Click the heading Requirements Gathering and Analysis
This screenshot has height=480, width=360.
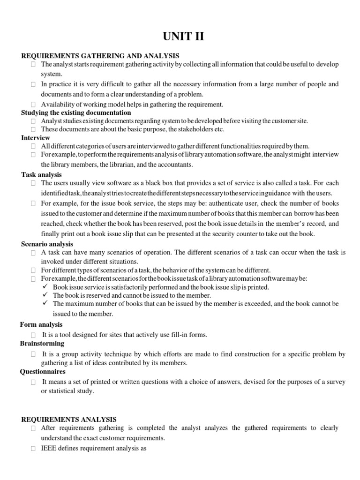tap(100, 56)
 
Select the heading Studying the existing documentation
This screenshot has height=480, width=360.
tap(76, 113)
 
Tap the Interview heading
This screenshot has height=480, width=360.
tap(36, 138)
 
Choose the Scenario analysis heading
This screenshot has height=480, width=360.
tap(47, 244)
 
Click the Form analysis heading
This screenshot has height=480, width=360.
tap(42, 324)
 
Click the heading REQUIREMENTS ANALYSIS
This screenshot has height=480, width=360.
tap(69, 420)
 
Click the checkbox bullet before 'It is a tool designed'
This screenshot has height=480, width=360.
tap(34, 335)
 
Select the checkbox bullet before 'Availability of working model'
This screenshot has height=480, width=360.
tap(34, 105)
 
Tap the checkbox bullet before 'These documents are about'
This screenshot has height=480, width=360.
tap(34, 129)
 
